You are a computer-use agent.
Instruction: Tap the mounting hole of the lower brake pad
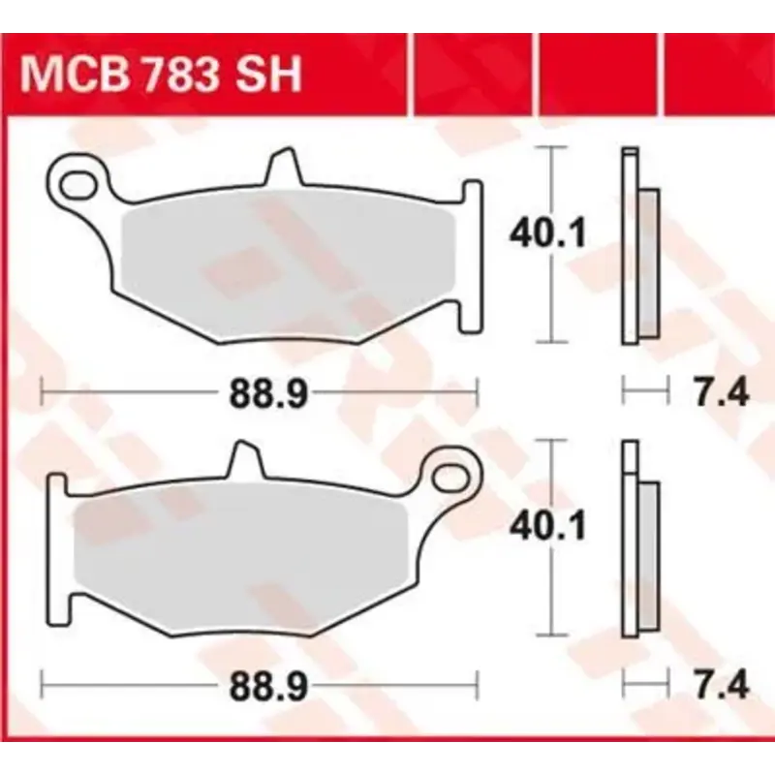click(452, 475)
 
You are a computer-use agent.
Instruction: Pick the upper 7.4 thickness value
click(722, 393)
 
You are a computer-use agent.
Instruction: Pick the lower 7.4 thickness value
click(722, 687)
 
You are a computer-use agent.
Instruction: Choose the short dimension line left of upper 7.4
click(645, 391)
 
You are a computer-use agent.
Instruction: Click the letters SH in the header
click(273, 75)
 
